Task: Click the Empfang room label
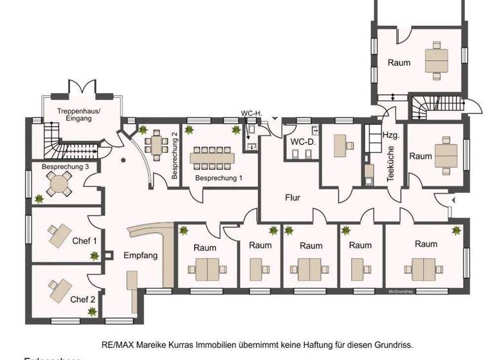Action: click(x=140, y=255)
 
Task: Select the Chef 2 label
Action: click(x=82, y=299)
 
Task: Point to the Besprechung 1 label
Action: click(x=219, y=178)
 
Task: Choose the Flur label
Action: click(x=293, y=198)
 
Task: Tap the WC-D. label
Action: click(x=302, y=141)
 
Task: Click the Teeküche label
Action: click(x=390, y=165)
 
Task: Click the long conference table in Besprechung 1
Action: click(x=214, y=156)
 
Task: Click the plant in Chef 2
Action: click(x=93, y=312)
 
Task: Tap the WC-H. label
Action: click(x=251, y=114)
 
